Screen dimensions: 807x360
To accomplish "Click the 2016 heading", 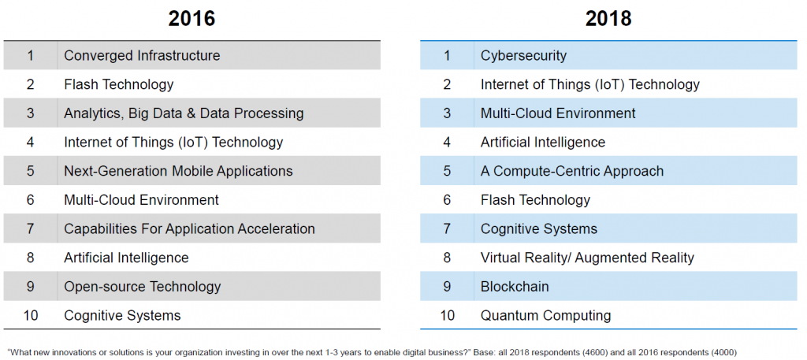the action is [192, 19].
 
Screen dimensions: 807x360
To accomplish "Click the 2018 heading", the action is [608, 19].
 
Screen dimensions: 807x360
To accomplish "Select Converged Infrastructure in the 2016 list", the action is [142, 56].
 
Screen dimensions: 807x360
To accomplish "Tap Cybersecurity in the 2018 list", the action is [523, 56].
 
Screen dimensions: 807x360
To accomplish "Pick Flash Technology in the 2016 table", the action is [119, 84].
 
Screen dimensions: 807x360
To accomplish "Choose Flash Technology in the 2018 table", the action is [535, 199].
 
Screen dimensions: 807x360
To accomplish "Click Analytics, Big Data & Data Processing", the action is [184, 113].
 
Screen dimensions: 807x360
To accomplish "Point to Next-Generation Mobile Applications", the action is [179, 171].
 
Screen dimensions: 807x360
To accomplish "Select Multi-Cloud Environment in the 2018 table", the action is [559, 113].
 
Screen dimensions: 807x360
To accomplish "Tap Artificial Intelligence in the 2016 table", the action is [127, 257].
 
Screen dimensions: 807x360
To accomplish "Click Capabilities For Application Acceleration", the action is [189, 228].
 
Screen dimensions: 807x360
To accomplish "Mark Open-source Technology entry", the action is [143, 286].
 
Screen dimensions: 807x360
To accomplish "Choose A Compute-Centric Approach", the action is [572, 171].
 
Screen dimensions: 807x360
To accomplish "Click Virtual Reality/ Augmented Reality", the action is [587, 257].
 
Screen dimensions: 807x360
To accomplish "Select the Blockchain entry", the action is [515, 286].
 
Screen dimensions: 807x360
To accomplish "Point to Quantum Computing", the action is [546, 315].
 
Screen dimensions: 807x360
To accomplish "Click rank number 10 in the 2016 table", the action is [31, 315].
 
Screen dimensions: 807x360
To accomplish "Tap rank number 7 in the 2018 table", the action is [447, 228].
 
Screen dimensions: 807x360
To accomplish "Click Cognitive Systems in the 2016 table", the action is [122, 315].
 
